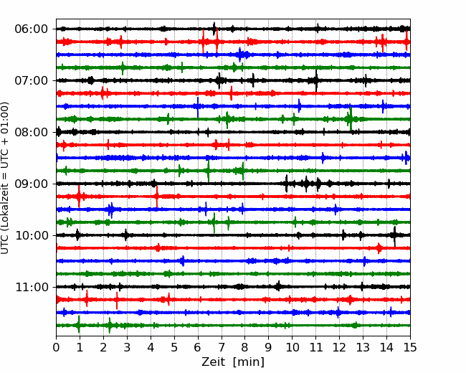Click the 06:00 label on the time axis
(x=30, y=29)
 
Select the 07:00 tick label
(x=30, y=80)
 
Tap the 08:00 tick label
(x=30, y=132)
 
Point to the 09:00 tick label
(x=30, y=184)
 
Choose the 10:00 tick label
(x=30, y=235)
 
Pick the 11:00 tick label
(x=30, y=287)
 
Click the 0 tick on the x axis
(x=57, y=348)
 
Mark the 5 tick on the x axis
(x=174, y=348)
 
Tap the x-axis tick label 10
(x=292, y=348)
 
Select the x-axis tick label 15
(x=409, y=348)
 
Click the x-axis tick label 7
(x=222, y=348)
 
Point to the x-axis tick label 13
(x=363, y=348)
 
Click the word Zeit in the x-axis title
(x=215, y=362)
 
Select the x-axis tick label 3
(x=127, y=348)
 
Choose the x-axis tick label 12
(x=339, y=348)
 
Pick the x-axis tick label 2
(x=104, y=348)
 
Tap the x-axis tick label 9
(x=268, y=348)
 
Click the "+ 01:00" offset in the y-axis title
(x=6, y=118)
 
